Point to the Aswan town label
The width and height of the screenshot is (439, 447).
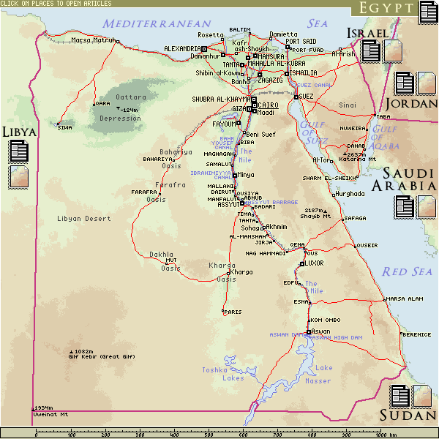(x=320, y=331)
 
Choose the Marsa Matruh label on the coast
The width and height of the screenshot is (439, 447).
(x=93, y=40)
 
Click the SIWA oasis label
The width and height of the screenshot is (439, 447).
(x=65, y=128)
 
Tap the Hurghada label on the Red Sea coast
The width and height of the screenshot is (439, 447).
(x=350, y=193)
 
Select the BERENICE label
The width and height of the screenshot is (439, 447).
(x=417, y=334)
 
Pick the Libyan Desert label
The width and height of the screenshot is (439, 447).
(x=84, y=219)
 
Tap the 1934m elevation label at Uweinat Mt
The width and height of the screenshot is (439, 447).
(x=43, y=407)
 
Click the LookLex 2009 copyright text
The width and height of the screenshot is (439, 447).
(x=219, y=443)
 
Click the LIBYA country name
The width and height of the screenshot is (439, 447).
(x=19, y=132)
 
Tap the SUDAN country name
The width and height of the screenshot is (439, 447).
(x=408, y=416)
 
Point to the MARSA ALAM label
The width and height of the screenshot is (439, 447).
(x=405, y=298)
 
